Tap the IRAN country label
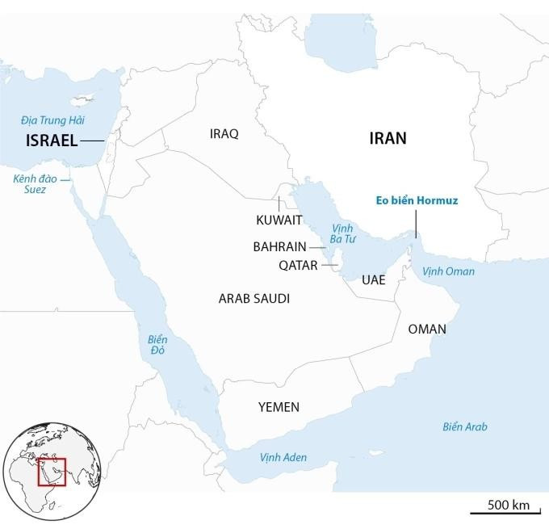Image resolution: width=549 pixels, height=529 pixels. tap(388, 138)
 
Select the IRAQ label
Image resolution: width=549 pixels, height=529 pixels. tap(224, 134)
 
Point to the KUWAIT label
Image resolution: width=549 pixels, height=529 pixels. tap(279, 220)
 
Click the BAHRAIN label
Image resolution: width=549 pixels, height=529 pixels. tap(279, 246)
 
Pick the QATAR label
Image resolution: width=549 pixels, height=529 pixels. tap(298, 265)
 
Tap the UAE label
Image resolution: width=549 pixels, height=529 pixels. tap(374, 280)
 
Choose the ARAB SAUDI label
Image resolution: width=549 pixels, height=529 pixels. tap(254, 299)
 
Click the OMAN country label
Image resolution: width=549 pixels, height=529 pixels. tap(427, 329)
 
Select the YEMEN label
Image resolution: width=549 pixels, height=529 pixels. tap(279, 407)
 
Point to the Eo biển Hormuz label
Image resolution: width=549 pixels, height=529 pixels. tap(416, 200)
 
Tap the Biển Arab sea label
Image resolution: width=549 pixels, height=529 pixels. tap(465, 426)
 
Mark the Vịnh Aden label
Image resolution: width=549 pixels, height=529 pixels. tap(283, 457)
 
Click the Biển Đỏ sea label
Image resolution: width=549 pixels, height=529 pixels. tap(157, 345)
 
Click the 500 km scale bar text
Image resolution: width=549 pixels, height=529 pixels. tap(508, 505)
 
